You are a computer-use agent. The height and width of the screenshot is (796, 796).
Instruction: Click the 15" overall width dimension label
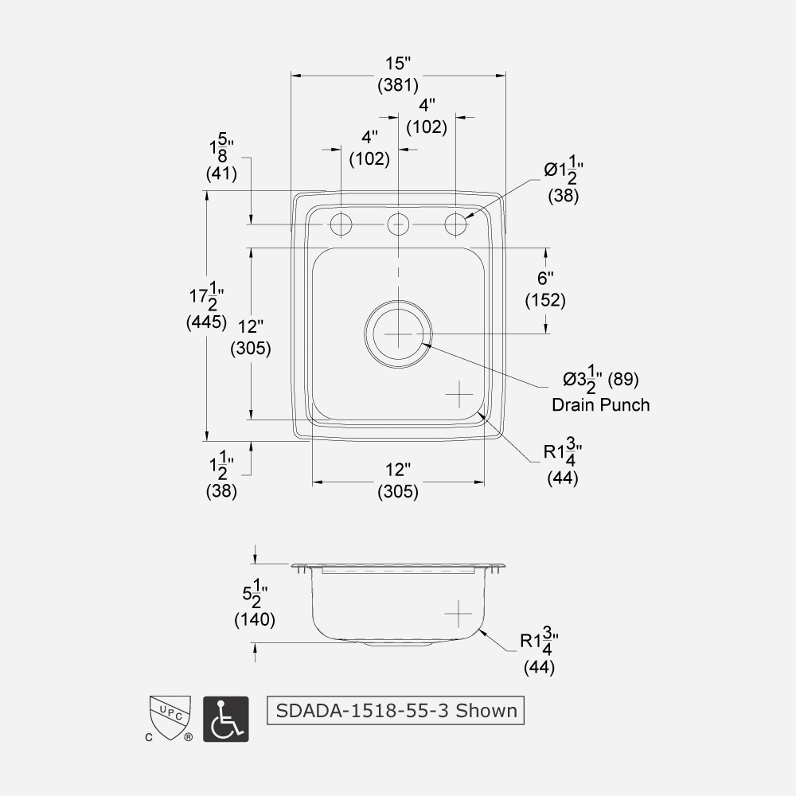click(x=398, y=62)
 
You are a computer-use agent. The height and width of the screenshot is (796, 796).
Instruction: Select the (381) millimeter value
click(x=398, y=85)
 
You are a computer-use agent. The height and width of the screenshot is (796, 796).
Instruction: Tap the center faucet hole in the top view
click(x=398, y=224)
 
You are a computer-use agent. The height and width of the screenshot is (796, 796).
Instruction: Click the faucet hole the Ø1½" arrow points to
click(x=455, y=224)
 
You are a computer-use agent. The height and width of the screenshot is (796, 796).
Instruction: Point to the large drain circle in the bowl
click(x=398, y=334)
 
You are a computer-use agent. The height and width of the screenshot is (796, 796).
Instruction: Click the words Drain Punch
click(x=600, y=404)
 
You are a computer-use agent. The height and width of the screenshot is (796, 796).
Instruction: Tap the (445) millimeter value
click(x=206, y=322)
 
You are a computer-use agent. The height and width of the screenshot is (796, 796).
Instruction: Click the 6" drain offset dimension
click(x=545, y=278)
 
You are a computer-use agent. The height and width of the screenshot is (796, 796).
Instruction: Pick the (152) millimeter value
click(x=545, y=300)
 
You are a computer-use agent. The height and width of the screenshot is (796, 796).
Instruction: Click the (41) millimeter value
click(x=221, y=172)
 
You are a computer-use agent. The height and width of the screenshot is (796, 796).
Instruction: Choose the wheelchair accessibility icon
click(x=226, y=719)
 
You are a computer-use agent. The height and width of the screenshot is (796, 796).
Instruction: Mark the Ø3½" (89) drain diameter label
click(x=601, y=380)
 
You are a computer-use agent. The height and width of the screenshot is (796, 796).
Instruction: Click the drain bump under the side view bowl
click(x=398, y=644)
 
